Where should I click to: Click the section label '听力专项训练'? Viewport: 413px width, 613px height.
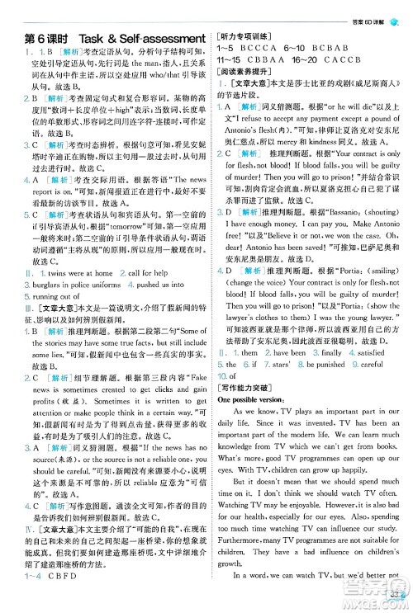pos(245,38)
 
